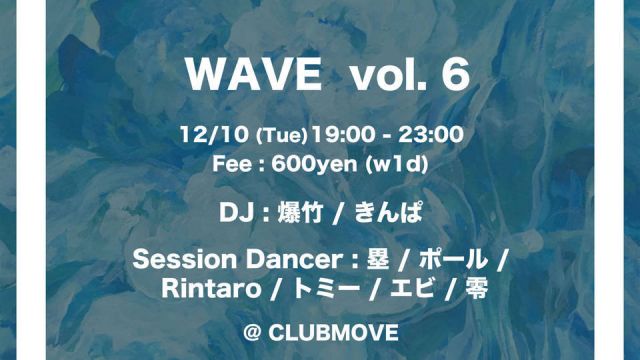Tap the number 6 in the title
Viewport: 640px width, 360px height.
pos(456,80)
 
